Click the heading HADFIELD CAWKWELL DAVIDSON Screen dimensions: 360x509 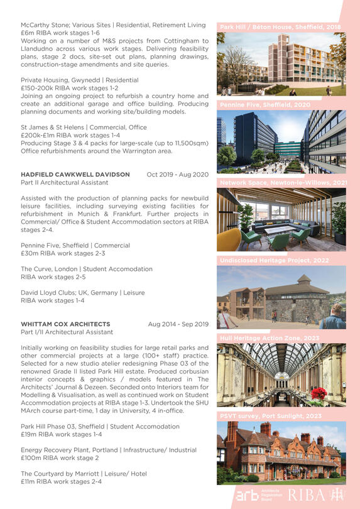[75, 175]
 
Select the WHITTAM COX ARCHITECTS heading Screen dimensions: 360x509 [65, 324]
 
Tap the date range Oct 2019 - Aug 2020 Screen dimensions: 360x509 [177, 175]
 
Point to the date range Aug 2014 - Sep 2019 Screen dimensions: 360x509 [178, 324]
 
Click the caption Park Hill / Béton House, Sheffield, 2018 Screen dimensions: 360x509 [280, 28]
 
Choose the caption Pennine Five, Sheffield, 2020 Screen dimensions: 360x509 [265, 105]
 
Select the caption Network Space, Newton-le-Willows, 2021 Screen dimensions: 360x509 [282, 183]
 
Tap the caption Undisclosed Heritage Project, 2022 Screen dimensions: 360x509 [274, 260]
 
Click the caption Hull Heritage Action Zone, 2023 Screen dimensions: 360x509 [270, 338]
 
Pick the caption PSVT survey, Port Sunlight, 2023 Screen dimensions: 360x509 [270, 416]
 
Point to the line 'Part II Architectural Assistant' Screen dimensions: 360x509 [64, 183]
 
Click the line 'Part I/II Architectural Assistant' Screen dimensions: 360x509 [67, 332]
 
